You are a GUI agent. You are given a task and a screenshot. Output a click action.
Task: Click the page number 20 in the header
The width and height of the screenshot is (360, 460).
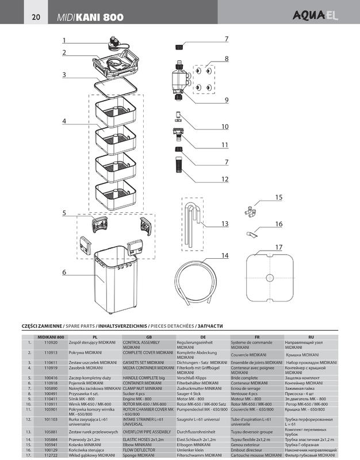[36, 18]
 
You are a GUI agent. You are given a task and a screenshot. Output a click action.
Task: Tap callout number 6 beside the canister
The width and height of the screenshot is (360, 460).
[64, 271]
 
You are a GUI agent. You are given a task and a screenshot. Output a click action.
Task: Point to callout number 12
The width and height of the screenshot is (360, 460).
[225, 179]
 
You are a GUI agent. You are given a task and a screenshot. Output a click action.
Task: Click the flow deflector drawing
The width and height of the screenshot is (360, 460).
[251, 235]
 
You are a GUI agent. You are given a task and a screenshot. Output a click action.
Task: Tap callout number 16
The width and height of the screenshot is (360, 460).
[278, 224]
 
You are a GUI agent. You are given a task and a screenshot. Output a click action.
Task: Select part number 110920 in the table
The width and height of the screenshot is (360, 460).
[51, 343]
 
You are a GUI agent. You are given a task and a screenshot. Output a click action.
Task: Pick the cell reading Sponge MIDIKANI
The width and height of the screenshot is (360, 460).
[141, 455]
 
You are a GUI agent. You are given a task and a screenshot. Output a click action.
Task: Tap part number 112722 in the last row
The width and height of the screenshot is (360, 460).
[51, 455]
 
